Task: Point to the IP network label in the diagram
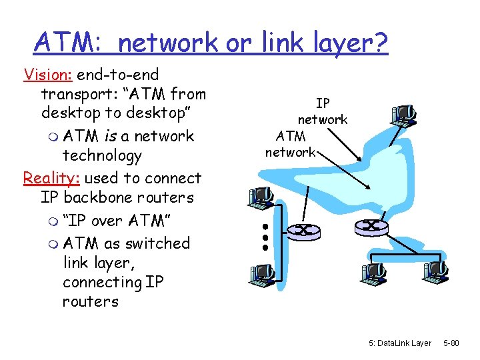click(x=323, y=111)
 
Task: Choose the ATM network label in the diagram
click(x=291, y=144)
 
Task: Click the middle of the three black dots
click(x=265, y=237)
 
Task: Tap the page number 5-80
click(x=451, y=343)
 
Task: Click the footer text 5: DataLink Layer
click(x=399, y=343)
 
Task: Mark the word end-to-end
click(x=117, y=74)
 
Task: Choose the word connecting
click(x=103, y=282)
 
